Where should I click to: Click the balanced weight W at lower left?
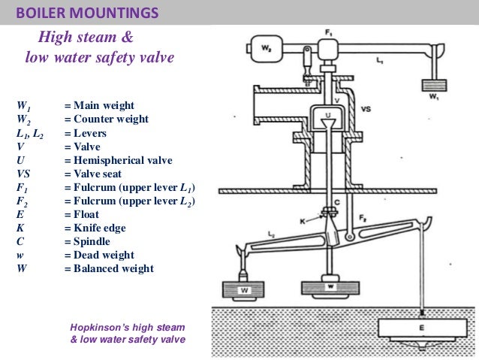point(245,289)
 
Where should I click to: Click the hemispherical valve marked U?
point(327,116)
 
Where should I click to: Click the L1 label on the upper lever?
point(379,58)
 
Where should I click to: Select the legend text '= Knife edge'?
point(100,228)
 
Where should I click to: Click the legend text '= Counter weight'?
point(106,119)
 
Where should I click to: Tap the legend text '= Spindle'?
point(91,241)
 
